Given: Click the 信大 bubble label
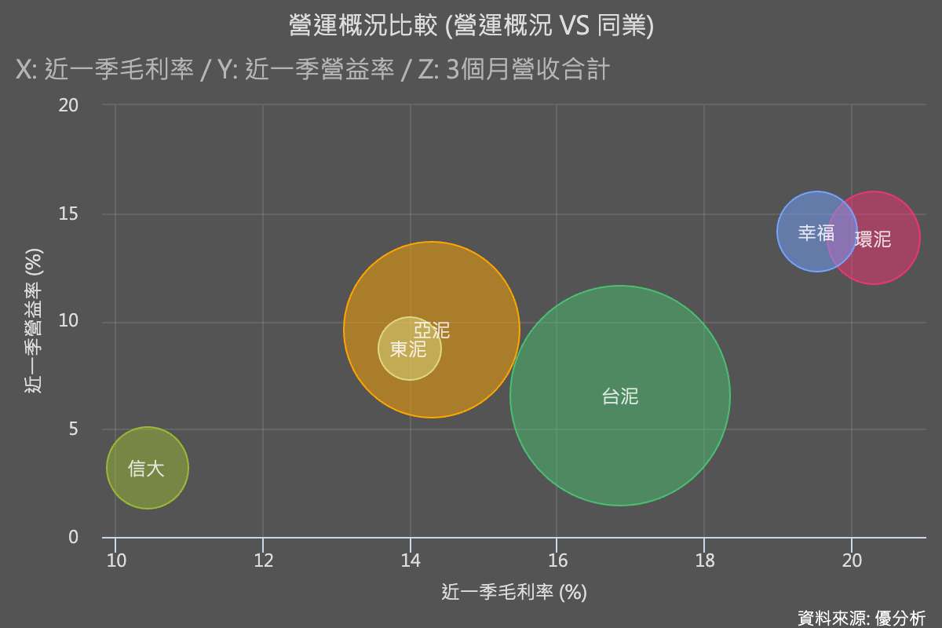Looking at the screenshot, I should click(147, 469).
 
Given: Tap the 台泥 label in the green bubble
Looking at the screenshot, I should click(620, 396).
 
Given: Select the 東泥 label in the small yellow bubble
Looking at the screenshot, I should click(408, 349).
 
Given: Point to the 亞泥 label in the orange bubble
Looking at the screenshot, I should click(432, 330).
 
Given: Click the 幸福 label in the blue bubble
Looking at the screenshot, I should click(816, 233).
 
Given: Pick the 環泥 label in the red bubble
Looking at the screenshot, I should click(873, 239).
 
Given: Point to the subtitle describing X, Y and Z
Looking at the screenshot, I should click(312, 70).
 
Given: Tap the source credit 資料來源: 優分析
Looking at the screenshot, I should click(861, 618).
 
